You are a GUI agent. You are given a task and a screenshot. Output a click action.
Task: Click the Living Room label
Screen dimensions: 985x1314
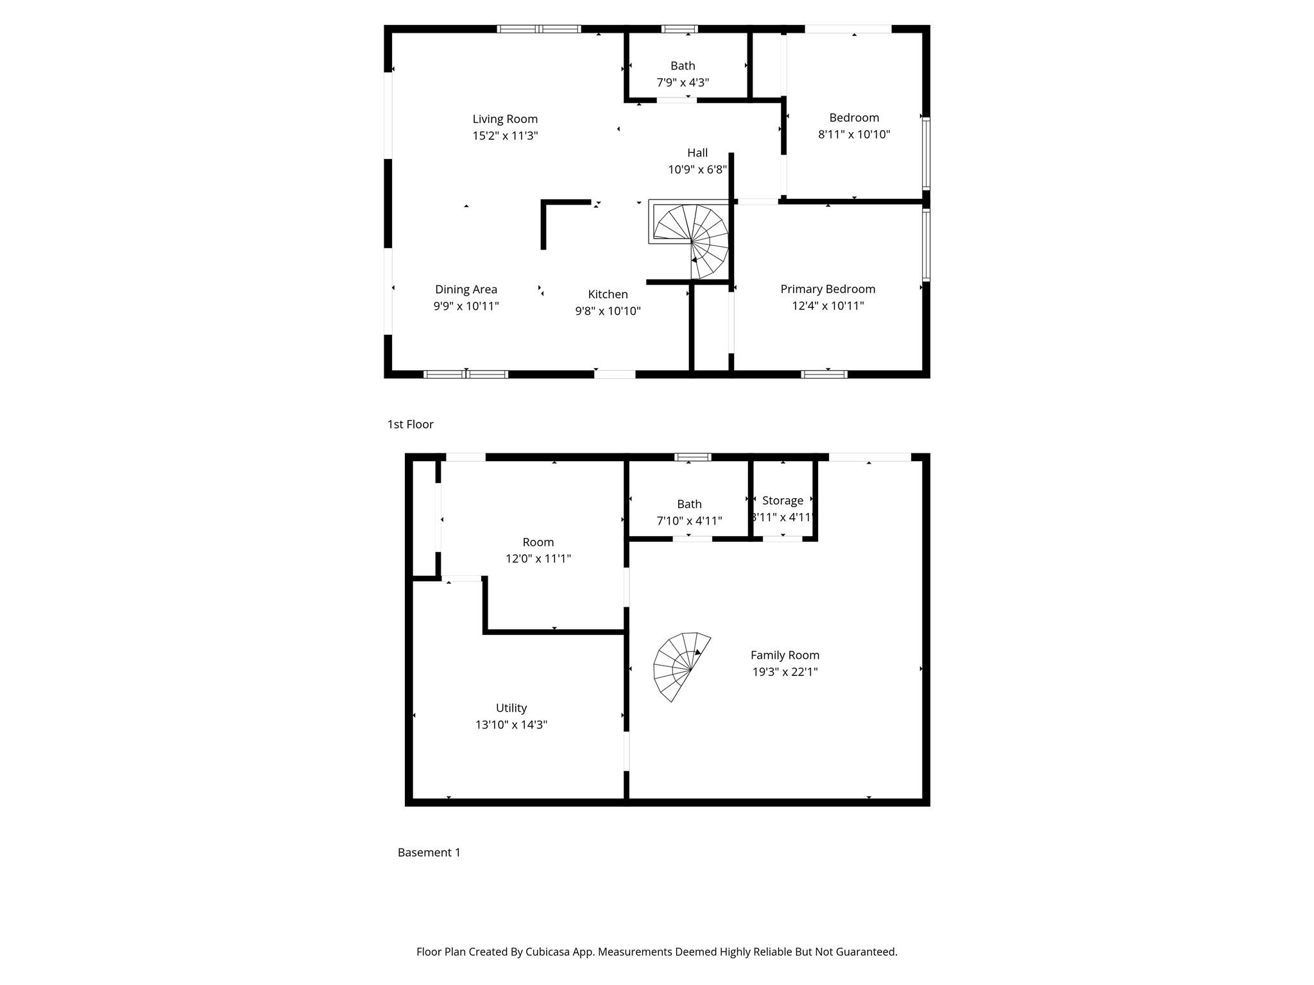505,119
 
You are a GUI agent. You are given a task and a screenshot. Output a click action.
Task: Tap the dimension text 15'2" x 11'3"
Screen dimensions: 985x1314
505,135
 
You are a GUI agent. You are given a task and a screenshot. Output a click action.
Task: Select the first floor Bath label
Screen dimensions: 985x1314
683,65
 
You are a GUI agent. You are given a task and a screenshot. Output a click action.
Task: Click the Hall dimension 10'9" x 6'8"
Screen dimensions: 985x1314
697,169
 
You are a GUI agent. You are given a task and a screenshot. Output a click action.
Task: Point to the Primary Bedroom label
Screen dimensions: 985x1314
828,289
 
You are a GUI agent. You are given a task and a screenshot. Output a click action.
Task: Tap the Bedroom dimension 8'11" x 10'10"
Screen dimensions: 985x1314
854,134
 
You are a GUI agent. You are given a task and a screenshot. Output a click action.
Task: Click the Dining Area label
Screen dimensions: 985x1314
466,289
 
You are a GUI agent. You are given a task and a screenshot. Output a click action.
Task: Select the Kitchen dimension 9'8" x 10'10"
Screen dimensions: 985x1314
608,311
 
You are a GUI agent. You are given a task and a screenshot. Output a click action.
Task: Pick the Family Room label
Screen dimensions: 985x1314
785,655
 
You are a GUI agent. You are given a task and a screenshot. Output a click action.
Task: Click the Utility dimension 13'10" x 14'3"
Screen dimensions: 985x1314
511,725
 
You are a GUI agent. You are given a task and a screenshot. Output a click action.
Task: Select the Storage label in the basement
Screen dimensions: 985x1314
782,500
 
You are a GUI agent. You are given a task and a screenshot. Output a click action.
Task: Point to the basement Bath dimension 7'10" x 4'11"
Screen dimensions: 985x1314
689,521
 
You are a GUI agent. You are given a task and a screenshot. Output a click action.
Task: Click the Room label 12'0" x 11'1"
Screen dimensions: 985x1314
538,542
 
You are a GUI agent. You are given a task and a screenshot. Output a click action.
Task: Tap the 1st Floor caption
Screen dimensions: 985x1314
410,424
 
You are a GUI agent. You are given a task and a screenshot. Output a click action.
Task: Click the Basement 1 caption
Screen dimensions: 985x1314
429,852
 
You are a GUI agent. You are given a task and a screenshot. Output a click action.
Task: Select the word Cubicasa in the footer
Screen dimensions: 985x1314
549,952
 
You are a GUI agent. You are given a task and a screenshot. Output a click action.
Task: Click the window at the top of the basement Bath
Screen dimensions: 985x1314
692,457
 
